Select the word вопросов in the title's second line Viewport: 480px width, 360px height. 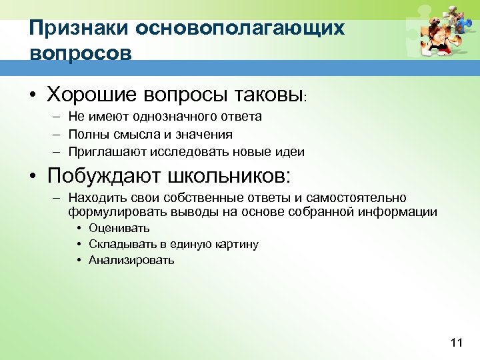[x=80, y=53]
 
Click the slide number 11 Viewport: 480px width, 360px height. [x=456, y=343]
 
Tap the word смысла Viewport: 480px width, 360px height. [x=132, y=134]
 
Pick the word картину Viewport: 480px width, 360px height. [x=237, y=244]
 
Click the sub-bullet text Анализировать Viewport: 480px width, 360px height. [x=131, y=260]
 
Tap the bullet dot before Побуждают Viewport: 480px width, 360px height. [x=33, y=177]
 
